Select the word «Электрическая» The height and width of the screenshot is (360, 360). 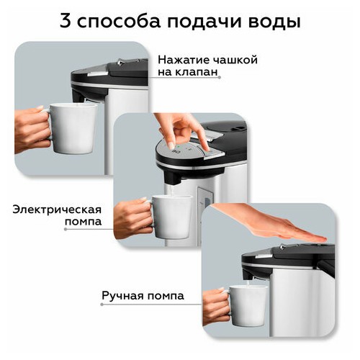57,210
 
